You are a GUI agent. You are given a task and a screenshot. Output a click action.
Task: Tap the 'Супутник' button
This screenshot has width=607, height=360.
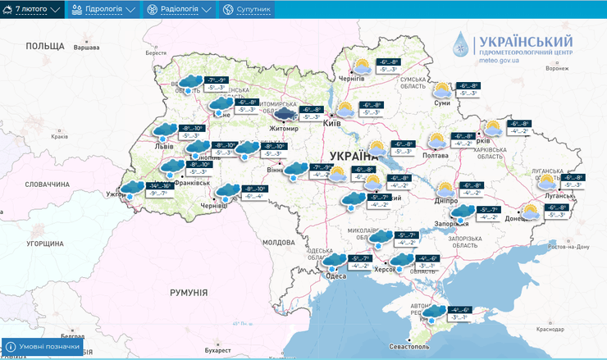(x=246, y=9)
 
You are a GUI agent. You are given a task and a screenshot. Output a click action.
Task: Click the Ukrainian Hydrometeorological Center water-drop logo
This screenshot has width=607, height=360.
(x=463, y=45)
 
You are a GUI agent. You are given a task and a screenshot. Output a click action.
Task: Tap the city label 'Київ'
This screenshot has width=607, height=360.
(x=332, y=123)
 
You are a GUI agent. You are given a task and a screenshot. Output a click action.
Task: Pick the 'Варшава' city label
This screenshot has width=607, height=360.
(x=86, y=48)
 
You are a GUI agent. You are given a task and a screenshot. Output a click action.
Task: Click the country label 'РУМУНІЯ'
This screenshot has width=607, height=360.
(x=189, y=293)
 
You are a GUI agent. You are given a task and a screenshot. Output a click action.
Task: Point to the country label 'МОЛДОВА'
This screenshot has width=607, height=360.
(x=277, y=243)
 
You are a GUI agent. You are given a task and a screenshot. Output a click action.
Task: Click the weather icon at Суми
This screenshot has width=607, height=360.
(x=442, y=89)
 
